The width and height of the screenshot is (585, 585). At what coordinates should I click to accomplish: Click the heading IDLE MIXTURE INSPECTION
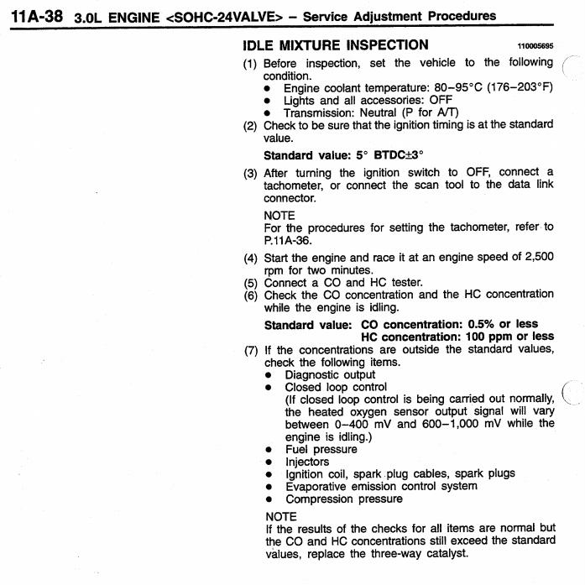(335, 44)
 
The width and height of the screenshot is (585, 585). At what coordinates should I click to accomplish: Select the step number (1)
(250, 63)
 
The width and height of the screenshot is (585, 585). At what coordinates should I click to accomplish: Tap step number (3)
(250, 172)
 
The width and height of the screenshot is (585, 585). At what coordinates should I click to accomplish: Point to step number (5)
(250, 282)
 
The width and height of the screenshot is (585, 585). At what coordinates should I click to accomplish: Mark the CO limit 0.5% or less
(491, 324)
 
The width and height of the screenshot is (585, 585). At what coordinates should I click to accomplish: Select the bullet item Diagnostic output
(330, 374)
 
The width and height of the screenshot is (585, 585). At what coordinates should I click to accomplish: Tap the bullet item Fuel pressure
(322, 448)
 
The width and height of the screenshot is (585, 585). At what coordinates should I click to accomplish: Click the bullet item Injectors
(308, 461)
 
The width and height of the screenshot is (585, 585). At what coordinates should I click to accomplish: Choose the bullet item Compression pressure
(343, 499)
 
